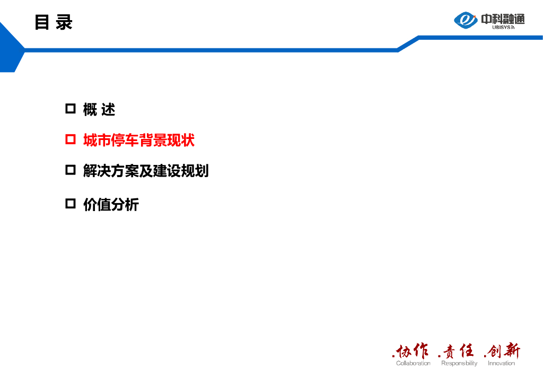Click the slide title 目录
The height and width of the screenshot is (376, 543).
[53, 23]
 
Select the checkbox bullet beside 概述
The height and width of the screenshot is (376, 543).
[71, 109]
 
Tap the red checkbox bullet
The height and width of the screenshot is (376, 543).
[71, 139]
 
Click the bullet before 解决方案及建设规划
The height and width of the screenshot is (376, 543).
[71, 170]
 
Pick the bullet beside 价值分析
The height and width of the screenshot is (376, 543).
[71, 204]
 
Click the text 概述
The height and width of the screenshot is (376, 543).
[99, 110]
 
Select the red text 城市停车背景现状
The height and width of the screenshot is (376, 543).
[139, 140]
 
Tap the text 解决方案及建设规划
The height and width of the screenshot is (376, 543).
[146, 171]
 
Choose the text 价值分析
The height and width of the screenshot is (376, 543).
[111, 204]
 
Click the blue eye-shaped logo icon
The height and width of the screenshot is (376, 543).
[466, 20]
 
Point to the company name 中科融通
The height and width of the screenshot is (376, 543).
[503, 19]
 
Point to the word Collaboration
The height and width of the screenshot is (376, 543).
[413, 363]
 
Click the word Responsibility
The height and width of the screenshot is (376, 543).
[459, 363]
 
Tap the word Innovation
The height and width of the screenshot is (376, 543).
[501, 363]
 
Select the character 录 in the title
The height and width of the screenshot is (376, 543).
[64, 23]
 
